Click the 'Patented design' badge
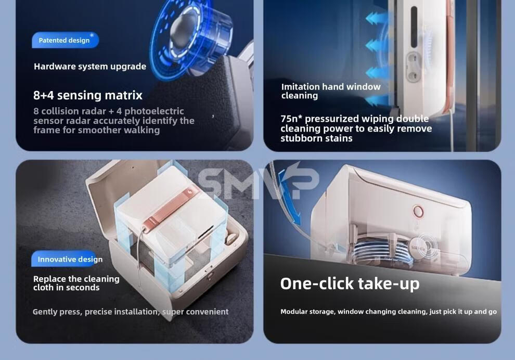[x=65, y=40]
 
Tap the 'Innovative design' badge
[x=67, y=259]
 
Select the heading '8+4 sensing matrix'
[x=88, y=95]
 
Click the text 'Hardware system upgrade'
[x=90, y=67]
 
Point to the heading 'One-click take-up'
[x=350, y=284]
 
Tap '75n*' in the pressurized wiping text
[x=291, y=119]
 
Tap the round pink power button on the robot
[x=418, y=211]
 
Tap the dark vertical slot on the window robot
[x=414, y=27]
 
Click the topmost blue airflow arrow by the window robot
[x=376, y=18]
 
